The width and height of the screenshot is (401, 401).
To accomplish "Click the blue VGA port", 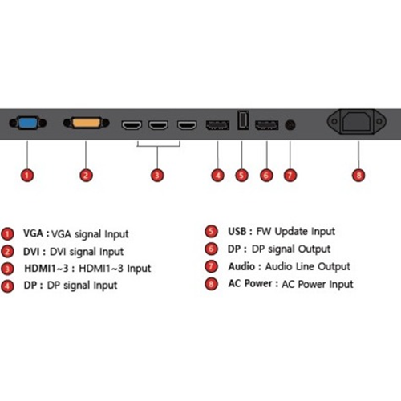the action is pyautogui.click(x=28, y=123).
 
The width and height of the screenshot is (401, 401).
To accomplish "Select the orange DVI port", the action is pyautogui.click(x=86, y=123).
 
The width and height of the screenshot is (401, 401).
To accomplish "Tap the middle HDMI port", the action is pyautogui.click(x=158, y=125).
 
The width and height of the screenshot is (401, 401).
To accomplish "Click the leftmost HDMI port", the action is pyautogui.click(x=132, y=125).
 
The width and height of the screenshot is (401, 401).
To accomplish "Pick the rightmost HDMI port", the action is pyautogui.click(x=187, y=125).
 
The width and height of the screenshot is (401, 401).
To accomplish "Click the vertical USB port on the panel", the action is pyautogui.click(x=243, y=120).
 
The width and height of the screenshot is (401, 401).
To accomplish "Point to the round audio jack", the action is pyautogui.click(x=290, y=125).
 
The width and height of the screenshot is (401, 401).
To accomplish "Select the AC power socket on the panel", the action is pyautogui.click(x=357, y=122).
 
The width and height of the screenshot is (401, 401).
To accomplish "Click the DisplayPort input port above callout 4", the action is pyautogui.click(x=217, y=125).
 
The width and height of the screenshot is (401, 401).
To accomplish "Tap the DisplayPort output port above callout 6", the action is pyautogui.click(x=267, y=125).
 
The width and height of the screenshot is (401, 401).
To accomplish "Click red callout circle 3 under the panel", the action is pyautogui.click(x=157, y=176).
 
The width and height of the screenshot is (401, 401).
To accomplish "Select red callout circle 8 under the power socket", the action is pyautogui.click(x=358, y=176).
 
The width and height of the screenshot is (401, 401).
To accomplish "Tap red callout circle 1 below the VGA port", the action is pyautogui.click(x=27, y=176).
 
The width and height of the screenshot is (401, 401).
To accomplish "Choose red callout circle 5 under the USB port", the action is pyautogui.click(x=241, y=176).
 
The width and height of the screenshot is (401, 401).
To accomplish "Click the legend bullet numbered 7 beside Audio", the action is pyautogui.click(x=211, y=266).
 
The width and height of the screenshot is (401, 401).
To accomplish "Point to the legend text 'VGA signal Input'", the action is pyautogui.click(x=90, y=234).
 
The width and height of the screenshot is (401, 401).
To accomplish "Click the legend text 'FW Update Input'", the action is pyautogui.click(x=296, y=232).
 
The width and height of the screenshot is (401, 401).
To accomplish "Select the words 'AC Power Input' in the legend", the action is pyautogui.click(x=318, y=284).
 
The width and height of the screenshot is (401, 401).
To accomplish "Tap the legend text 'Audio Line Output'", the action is pyautogui.click(x=307, y=266).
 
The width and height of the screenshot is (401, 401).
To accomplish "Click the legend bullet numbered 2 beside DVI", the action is pyautogui.click(x=7, y=252).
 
